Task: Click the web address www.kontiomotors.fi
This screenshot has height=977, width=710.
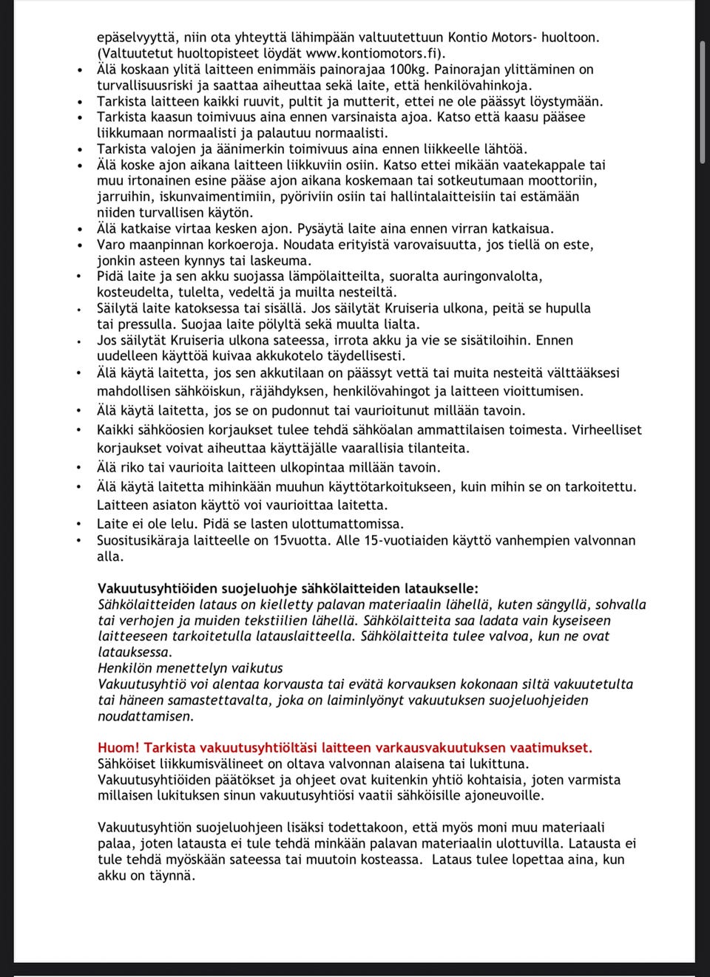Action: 373,53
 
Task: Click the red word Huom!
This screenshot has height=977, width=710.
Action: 118,748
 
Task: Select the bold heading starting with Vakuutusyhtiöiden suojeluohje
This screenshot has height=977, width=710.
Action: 288,589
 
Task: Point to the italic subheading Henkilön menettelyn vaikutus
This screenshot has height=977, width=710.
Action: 190,668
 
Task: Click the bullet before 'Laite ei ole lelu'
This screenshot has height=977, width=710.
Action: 79,525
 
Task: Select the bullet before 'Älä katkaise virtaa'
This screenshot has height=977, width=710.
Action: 79,229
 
